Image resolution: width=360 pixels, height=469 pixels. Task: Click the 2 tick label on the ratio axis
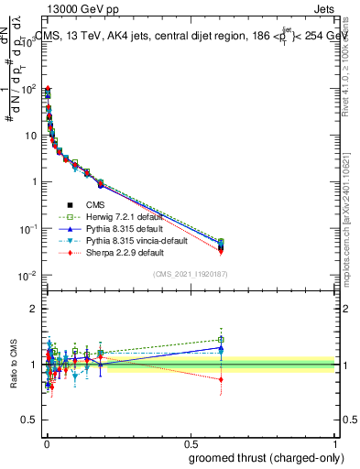[34, 309]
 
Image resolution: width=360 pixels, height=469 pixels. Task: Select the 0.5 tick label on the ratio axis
[30, 420]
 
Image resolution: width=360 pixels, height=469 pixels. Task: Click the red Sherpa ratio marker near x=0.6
[221, 379]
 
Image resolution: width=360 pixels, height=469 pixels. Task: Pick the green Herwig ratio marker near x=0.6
[221, 340]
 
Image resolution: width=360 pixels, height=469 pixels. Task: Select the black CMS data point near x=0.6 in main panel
[221, 247]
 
